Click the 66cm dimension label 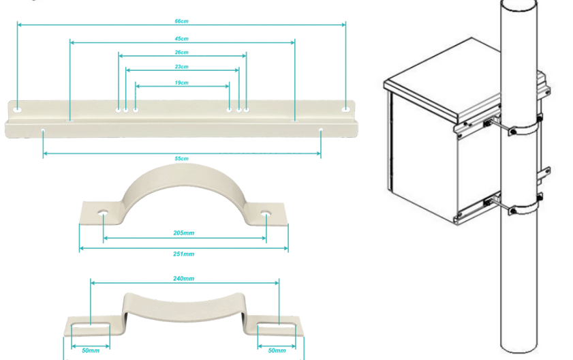click(182, 21)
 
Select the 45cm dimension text click(182, 39)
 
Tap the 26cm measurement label click(182, 52)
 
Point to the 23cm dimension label click(182, 67)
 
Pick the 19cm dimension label click(182, 82)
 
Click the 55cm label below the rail click(182, 158)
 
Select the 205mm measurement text click(184, 232)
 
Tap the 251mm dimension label click(184, 254)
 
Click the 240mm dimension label click(184, 278)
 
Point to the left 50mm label click(91, 350)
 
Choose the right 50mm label click(277, 350)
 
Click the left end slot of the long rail click(18, 110)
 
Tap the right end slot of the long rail click(345, 109)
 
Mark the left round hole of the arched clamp click(104, 213)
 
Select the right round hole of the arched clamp click(266, 213)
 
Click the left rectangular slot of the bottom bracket click(91, 327)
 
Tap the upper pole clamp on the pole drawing click(525, 129)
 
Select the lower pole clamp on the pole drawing click(525, 208)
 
